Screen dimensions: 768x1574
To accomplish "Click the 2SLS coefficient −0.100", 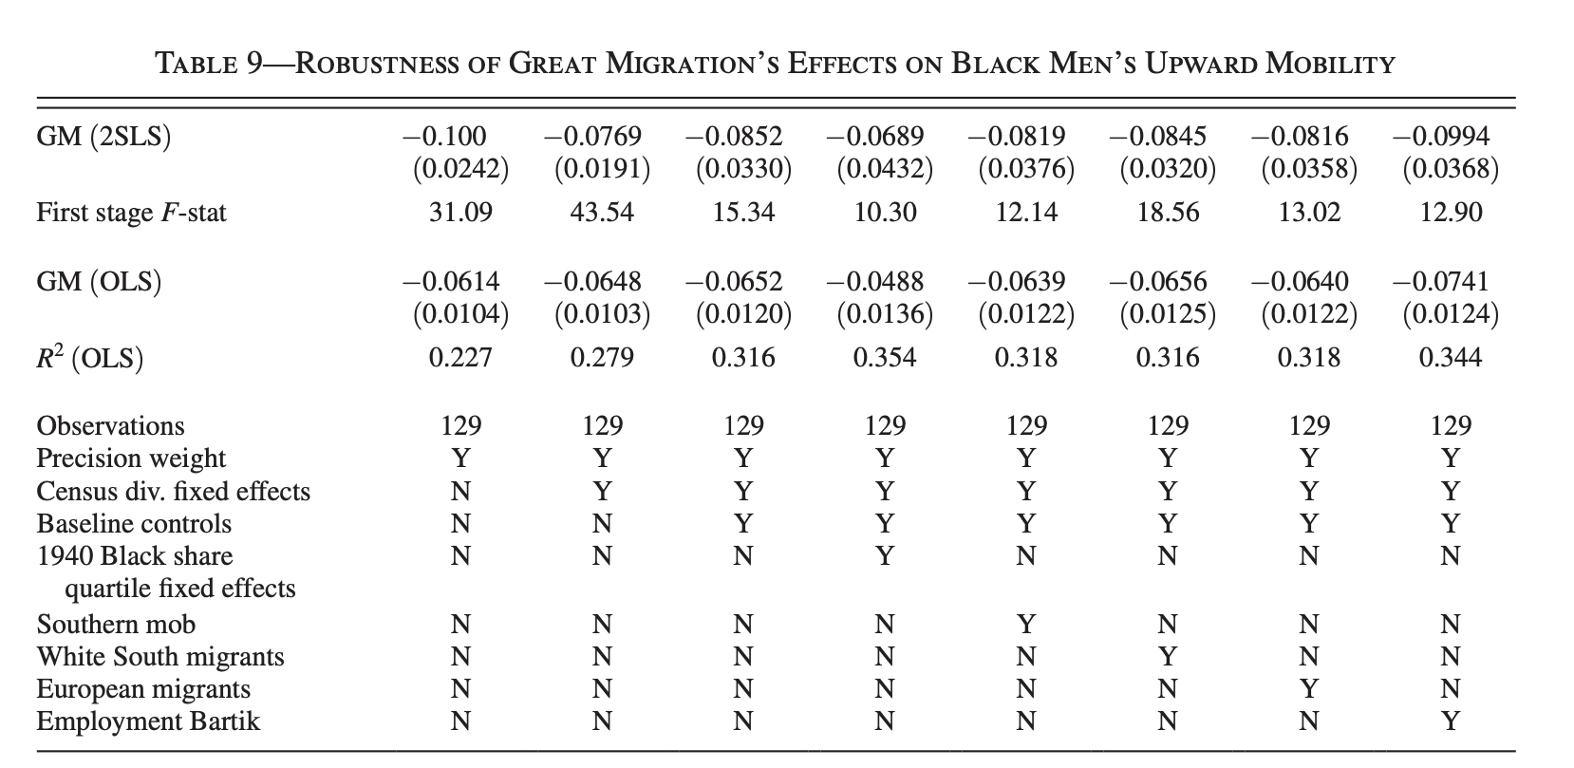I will (x=444, y=137).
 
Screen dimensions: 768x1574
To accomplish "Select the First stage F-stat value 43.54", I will (x=602, y=212).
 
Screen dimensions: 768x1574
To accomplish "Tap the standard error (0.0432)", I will (x=885, y=170).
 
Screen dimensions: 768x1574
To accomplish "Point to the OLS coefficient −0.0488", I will (x=874, y=282).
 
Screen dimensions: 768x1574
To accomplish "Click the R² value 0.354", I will (x=885, y=358).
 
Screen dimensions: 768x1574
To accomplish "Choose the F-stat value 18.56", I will (x=1168, y=212).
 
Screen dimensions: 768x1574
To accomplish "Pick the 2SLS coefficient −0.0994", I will (x=1440, y=137).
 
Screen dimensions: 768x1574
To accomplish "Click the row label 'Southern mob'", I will (x=116, y=624).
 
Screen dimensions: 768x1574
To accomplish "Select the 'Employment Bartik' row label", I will (x=148, y=721).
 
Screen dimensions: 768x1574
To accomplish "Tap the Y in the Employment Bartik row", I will (x=1450, y=722).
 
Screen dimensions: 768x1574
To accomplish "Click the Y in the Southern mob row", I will (x=1026, y=625).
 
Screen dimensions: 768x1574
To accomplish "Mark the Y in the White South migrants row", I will (x=1168, y=657).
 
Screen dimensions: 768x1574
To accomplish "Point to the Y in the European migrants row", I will (x=1309, y=689).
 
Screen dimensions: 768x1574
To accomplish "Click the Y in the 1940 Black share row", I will (x=885, y=556).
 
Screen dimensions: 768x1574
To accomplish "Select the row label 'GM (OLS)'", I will (x=99, y=282).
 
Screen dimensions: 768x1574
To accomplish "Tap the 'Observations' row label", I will (x=110, y=425).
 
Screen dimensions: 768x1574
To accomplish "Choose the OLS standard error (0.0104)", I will (x=460, y=314).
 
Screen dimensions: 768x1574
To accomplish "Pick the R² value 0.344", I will (x=1450, y=358).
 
